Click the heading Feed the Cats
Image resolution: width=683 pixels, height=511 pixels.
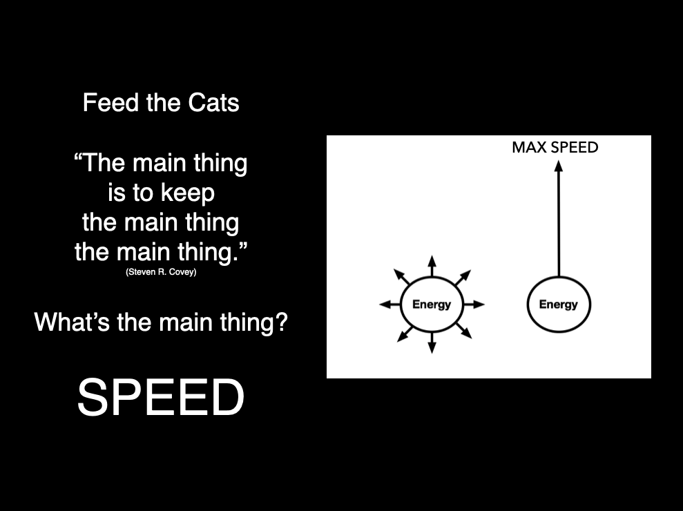point(161,103)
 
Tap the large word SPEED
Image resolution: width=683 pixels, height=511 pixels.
point(161,397)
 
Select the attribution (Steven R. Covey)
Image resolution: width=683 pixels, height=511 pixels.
point(161,272)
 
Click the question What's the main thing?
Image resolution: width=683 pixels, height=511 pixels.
point(161,322)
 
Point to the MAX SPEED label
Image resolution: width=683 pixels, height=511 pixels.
point(555,147)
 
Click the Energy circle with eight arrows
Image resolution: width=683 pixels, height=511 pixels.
point(432,305)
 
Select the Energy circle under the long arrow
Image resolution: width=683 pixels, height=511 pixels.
point(559,305)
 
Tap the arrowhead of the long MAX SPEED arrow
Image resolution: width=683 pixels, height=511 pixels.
point(559,166)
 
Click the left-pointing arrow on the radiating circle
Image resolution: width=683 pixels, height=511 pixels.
point(390,304)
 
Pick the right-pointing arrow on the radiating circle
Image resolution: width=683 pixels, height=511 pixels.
point(474,304)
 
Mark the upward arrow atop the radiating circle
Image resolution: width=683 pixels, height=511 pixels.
point(432,266)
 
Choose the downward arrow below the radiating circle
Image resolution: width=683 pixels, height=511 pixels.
point(432,343)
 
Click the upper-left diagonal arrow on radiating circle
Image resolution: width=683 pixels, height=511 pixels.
point(402,277)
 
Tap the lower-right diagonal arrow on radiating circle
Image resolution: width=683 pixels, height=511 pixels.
point(464,331)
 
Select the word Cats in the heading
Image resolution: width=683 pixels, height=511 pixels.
point(214,103)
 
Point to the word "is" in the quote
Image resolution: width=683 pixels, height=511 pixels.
point(115,193)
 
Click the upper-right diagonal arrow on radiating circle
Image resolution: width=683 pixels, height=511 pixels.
point(463,278)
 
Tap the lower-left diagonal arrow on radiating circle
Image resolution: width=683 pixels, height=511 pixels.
point(405,334)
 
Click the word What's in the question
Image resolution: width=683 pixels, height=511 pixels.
point(72,322)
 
